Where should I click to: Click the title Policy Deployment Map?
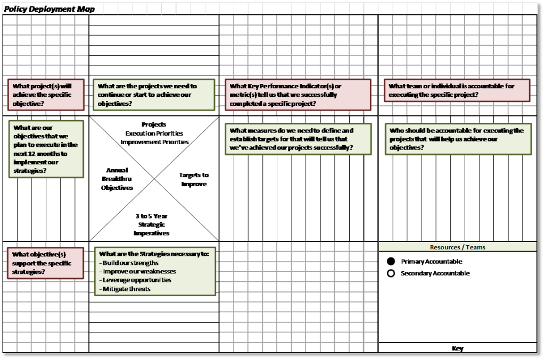coord(49,9)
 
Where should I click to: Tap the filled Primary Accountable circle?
coord(391,261)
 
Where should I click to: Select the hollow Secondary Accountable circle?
coord(391,273)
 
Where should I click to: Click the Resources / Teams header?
coord(457,247)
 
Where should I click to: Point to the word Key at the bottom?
coord(457,348)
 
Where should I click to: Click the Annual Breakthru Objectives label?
coord(117,179)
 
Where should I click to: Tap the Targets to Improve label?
coord(194,180)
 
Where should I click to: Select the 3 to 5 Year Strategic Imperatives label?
coord(152,224)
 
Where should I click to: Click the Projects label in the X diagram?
coord(154,124)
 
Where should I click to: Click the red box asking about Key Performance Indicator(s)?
coord(298,95)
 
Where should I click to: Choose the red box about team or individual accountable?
coord(457,90)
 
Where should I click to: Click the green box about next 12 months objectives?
coord(46,149)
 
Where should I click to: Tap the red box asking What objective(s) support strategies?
coord(46,263)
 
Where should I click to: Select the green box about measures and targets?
coord(298,139)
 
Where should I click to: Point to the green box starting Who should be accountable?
coord(458,139)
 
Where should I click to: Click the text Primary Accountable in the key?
coord(431,262)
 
